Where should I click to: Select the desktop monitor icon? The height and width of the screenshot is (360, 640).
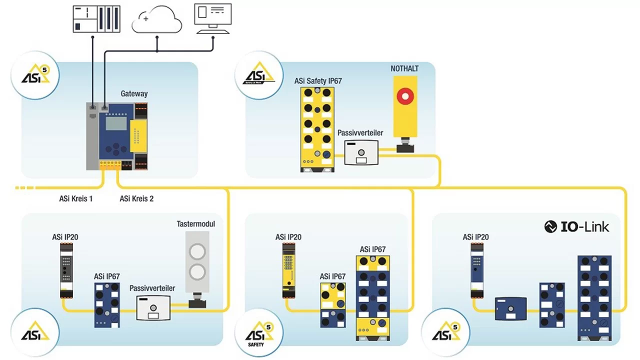(x=213, y=17)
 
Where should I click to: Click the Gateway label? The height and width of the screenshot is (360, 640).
(x=134, y=93)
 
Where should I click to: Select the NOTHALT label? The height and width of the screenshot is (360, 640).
(x=404, y=68)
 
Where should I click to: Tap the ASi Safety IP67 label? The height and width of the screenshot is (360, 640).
(x=318, y=80)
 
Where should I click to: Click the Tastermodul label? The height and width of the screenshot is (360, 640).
(x=196, y=223)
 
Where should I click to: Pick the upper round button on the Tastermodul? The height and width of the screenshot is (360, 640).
(x=196, y=250)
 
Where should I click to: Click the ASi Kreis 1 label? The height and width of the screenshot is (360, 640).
(x=76, y=198)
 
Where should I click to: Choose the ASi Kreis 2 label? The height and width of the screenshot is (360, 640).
(x=136, y=198)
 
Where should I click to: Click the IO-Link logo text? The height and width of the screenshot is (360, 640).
(x=577, y=226)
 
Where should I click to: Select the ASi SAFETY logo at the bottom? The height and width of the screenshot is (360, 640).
(x=259, y=332)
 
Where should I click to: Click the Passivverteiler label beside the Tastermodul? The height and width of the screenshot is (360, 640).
(x=152, y=288)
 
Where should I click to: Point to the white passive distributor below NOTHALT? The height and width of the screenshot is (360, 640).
(x=360, y=152)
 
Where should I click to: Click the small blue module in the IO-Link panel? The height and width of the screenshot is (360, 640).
(x=511, y=308)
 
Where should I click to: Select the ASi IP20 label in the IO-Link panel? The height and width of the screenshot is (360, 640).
(x=475, y=237)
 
